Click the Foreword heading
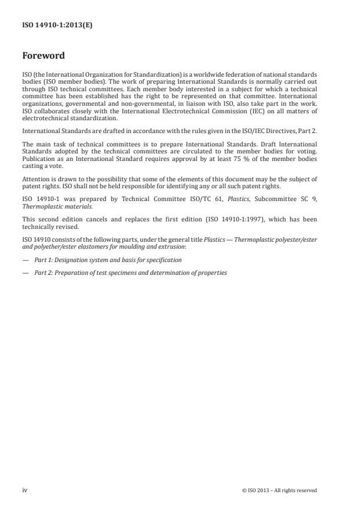pos(44,56)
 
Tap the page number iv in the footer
pos(25,490)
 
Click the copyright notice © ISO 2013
pos(279,490)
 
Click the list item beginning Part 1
pos(108,260)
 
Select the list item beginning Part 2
pos(131,273)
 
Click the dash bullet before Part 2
pos(26,273)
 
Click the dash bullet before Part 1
pos(26,260)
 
